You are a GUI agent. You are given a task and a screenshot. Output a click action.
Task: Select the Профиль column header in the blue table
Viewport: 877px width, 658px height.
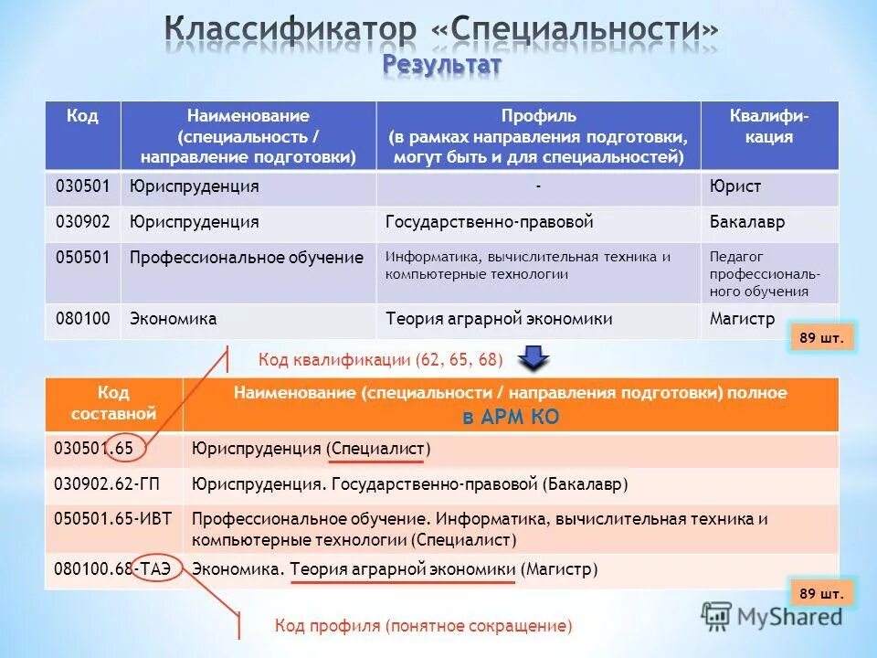(x=538, y=136)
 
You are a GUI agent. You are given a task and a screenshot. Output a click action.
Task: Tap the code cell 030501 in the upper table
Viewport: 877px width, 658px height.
(x=82, y=186)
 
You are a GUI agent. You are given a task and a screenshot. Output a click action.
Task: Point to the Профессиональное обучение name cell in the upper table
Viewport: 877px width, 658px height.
(x=247, y=258)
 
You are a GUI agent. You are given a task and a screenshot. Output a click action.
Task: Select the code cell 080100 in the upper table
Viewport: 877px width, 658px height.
(x=82, y=319)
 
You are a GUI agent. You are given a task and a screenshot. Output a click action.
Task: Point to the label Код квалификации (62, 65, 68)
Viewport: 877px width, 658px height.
(x=380, y=360)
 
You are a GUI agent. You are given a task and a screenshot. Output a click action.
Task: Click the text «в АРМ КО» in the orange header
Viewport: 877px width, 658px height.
(x=510, y=417)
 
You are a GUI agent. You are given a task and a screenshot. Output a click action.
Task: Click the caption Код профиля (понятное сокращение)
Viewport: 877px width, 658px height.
(x=424, y=626)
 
